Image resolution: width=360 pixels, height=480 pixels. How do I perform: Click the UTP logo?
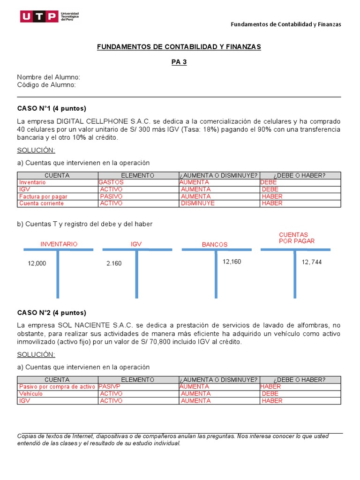coord(49,17)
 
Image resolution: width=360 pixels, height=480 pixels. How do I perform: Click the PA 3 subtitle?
coord(179,62)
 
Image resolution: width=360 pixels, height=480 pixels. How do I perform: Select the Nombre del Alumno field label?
coord(49,77)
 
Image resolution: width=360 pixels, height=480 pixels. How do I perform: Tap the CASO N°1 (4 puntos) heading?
coord(52,108)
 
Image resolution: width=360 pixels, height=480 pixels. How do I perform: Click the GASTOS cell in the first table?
coord(111,182)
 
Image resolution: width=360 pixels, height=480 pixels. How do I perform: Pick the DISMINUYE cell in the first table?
coord(197,203)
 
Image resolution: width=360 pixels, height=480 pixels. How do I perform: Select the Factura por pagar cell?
coord(43,196)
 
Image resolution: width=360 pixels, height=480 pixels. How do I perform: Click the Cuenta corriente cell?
coord(41,203)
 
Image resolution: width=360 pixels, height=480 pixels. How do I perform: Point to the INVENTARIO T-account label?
coord(59,244)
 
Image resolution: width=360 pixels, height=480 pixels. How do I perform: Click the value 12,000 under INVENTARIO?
coord(37,263)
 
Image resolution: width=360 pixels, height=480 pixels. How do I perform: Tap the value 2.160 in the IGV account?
coord(114,263)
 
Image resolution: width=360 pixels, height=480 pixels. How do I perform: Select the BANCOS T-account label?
coord(215,245)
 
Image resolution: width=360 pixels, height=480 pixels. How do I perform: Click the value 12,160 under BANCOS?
coord(232,262)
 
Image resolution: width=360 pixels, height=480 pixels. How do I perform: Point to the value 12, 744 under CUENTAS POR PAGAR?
coord(312,262)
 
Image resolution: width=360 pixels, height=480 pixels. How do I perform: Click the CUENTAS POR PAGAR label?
coord(297,238)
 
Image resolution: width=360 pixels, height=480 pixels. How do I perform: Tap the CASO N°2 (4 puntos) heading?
coord(52,313)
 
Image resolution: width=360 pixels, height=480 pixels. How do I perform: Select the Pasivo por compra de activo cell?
coord(57,387)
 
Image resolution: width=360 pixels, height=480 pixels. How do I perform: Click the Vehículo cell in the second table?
coord(31,394)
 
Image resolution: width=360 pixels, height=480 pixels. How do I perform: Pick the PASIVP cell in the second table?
coord(110,387)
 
